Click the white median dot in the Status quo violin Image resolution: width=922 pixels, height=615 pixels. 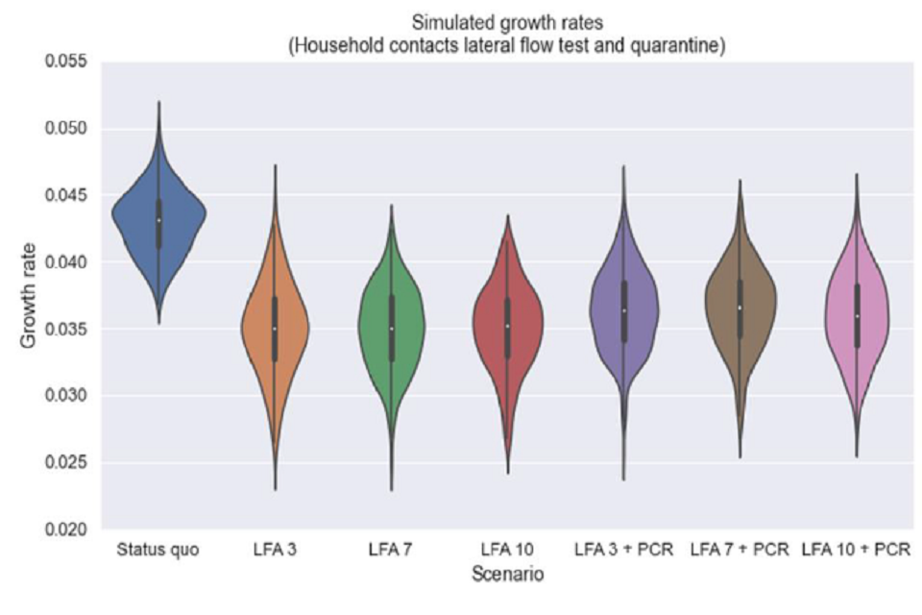pos(158,220)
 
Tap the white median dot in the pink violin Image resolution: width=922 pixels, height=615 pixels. pos(857,316)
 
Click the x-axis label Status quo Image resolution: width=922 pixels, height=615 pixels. pos(158,551)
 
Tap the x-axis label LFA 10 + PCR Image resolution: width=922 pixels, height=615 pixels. pos(856,551)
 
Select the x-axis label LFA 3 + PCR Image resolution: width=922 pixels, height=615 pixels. pos(623,551)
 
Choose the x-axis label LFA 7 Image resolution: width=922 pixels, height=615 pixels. pos(391,551)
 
